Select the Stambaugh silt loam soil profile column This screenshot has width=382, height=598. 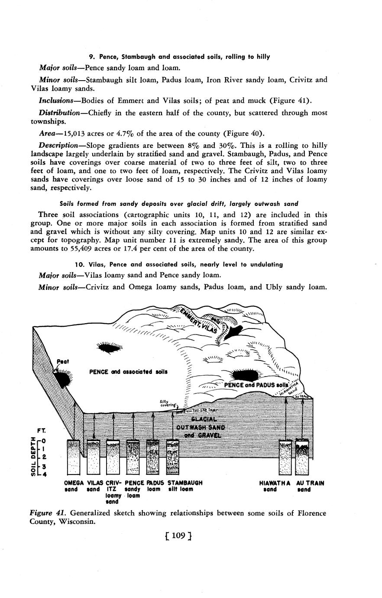pyautogui.click(x=173, y=457)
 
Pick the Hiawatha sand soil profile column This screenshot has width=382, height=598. pyautogui.click(x=285, y=457)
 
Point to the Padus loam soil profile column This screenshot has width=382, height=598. pyautogui.click(x=153, y=457)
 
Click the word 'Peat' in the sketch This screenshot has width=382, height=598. pyautogui.click(x=63, y=361)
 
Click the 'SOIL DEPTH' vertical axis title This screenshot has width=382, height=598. pyautogui.click(x=33, y=457)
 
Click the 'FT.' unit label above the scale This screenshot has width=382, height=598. pyautogui.click(x=42, y=431)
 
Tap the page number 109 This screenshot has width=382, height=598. pyautogui.click(x=178, y=536)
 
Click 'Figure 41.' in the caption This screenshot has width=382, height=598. pyautogui.click(x=46, y=513)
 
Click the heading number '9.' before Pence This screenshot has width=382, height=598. pyautogui.click(x=92, y=57)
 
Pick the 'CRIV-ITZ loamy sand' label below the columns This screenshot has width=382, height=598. pyautogui.click(x=113, y=492)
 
